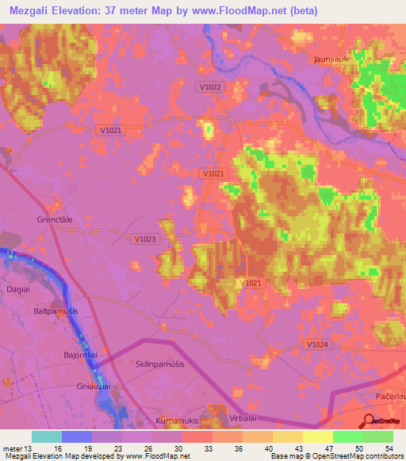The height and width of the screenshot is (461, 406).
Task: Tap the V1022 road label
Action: point(210,87)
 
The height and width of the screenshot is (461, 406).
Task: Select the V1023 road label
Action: point(146,238)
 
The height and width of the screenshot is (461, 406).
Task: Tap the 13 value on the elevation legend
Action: point(30,448)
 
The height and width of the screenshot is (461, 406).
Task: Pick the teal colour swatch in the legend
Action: point(47,436)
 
